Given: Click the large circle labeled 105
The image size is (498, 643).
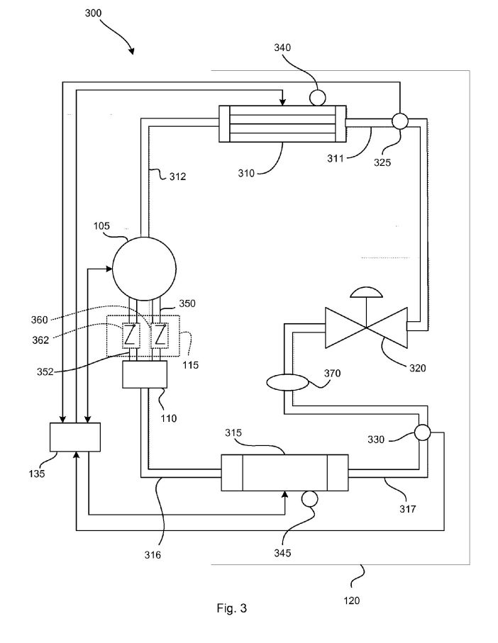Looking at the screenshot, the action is coord(144,269).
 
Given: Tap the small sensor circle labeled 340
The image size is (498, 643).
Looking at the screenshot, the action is coord(318,98).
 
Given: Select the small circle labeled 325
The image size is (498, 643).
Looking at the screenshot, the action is coord(400,121).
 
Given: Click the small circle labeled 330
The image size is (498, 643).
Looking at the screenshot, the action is coord(422,432).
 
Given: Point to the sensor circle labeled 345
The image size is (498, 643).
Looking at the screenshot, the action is coord(309,498).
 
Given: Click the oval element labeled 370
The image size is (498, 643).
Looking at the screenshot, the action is coord(287,383).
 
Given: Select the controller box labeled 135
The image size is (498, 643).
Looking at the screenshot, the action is coord(75,437).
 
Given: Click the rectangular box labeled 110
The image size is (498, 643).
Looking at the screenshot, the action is coord(145,374).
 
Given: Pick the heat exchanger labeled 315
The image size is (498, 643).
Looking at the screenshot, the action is coord(284,472).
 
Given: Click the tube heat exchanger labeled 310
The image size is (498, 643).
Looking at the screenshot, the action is coord(282,124).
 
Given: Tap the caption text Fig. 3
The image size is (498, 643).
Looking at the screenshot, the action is coord(232,608).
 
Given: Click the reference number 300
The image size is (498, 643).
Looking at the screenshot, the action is coord(93,13).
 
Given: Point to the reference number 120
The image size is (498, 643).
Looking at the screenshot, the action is coord(352,600).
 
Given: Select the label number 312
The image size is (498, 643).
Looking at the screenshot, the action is coord(177,177).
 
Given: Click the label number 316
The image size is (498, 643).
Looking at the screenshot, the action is coord(153,555).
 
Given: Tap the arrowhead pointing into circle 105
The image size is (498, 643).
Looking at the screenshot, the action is coord(109,269).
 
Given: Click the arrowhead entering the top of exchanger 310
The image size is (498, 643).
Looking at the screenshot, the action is coord(282,103).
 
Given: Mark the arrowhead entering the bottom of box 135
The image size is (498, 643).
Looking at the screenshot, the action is coord(76,454).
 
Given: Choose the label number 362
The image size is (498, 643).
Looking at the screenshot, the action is coord(40,340).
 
